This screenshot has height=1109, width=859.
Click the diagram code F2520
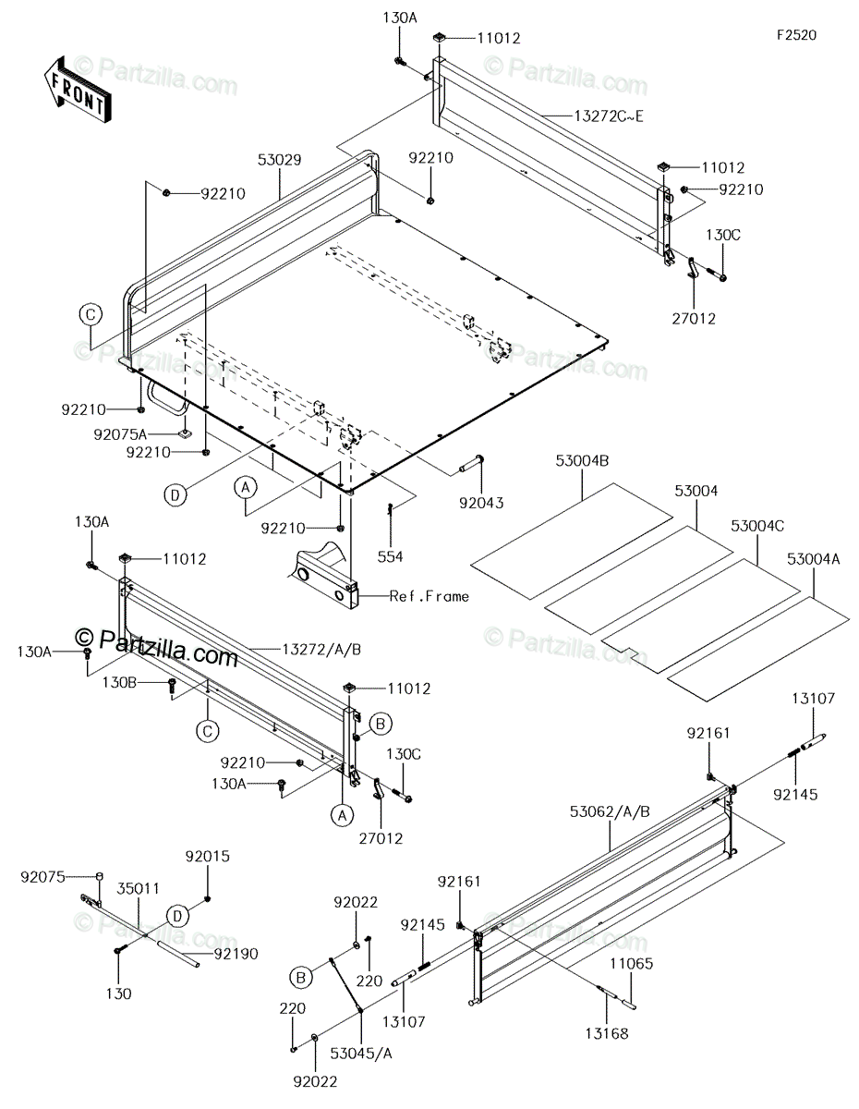(x=796, y=35)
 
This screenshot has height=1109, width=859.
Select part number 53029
(x=253, y=161)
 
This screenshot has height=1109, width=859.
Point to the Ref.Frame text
(x=429, y=596)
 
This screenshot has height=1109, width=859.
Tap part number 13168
(x=607, y=1033)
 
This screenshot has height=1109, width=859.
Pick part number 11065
(x=631, y=962)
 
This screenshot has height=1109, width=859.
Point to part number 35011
(x=139, y=889)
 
